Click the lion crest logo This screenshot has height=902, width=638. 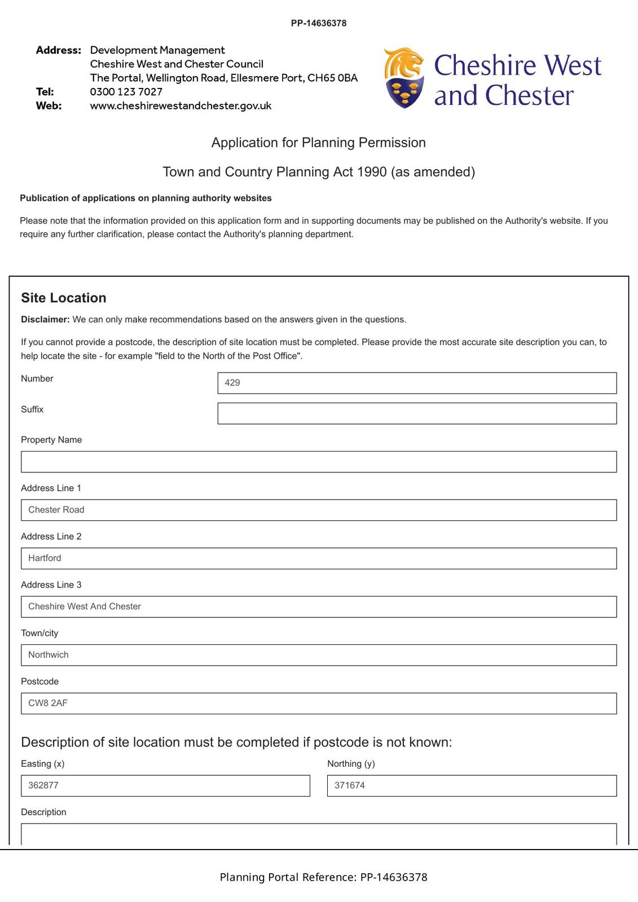click(x=403, y=78)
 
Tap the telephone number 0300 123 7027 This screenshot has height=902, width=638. click(x=126, y=92)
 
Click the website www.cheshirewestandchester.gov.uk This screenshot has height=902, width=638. click(x=181, y=106)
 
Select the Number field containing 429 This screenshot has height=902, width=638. click(x=417, y=383)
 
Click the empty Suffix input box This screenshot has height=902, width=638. click(x=417, y=413)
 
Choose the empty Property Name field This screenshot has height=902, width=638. click(x=319, y=462)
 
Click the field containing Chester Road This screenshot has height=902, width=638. click(x=319, y=510)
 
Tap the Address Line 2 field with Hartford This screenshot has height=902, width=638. click(x=319, y=558)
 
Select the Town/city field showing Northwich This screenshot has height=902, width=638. click(x=319, y=655)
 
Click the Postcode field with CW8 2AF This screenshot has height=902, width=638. click(x=319, y=704)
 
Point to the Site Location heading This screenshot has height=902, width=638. click(x=64, y=298)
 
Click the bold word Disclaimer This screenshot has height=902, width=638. click(x=45, y=320)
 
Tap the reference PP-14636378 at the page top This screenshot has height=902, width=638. click(x=319, y=23)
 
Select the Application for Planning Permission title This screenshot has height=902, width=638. click(x=319, y=143)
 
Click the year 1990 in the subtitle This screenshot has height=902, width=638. click(x=372, y=172)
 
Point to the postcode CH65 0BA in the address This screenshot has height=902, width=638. click(x=332, y=78)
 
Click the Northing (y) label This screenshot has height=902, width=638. click(x=351, y=764)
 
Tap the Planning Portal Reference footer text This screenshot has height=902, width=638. click(x=323, y=877)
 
